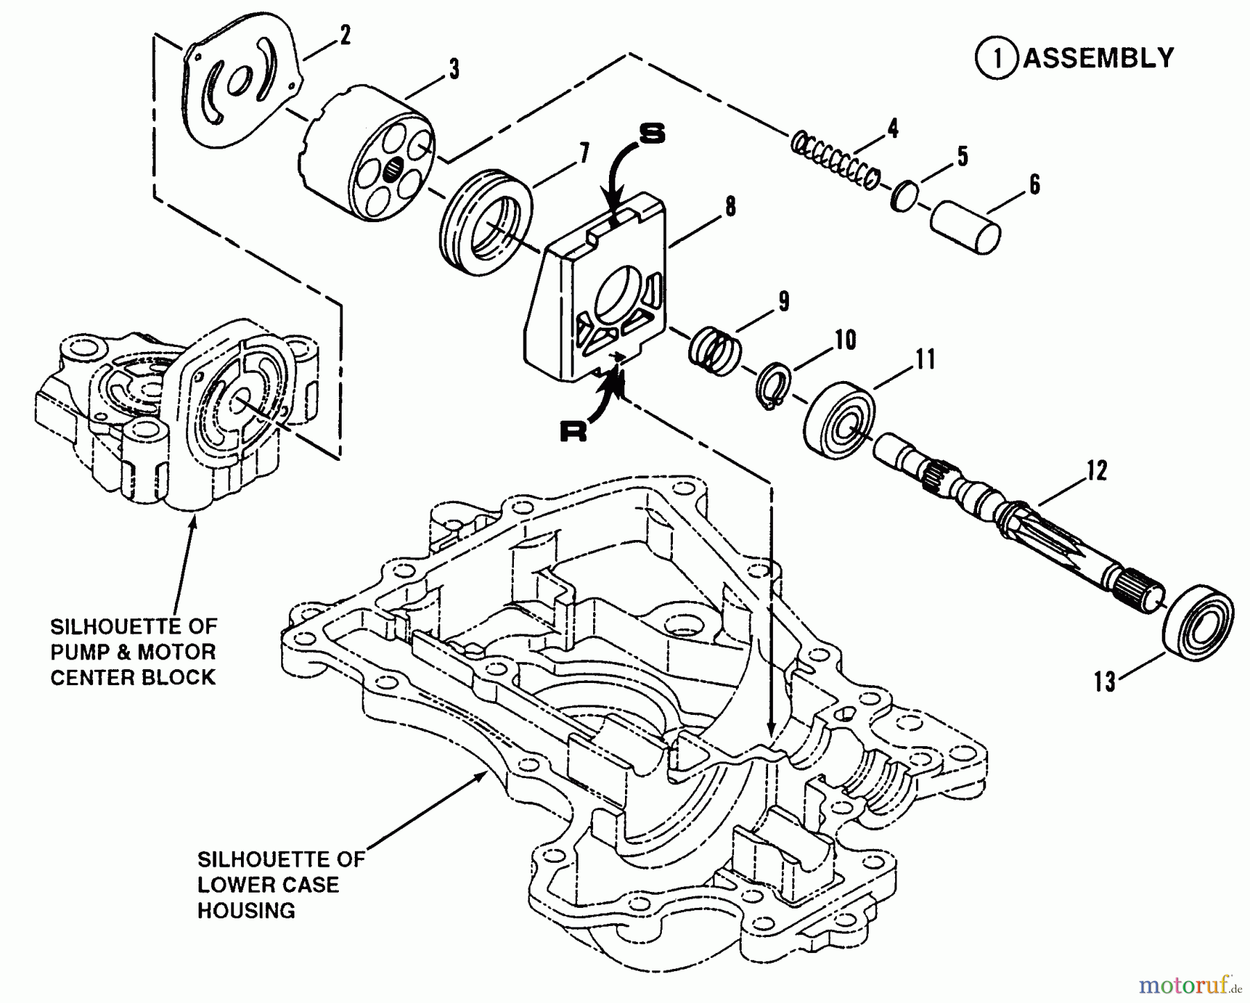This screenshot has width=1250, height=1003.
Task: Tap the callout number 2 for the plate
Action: (345, 35)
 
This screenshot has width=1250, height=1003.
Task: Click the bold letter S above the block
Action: (651, 134)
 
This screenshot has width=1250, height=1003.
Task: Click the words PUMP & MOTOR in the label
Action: (133, 652)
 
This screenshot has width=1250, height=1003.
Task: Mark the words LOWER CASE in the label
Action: (268, 884)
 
